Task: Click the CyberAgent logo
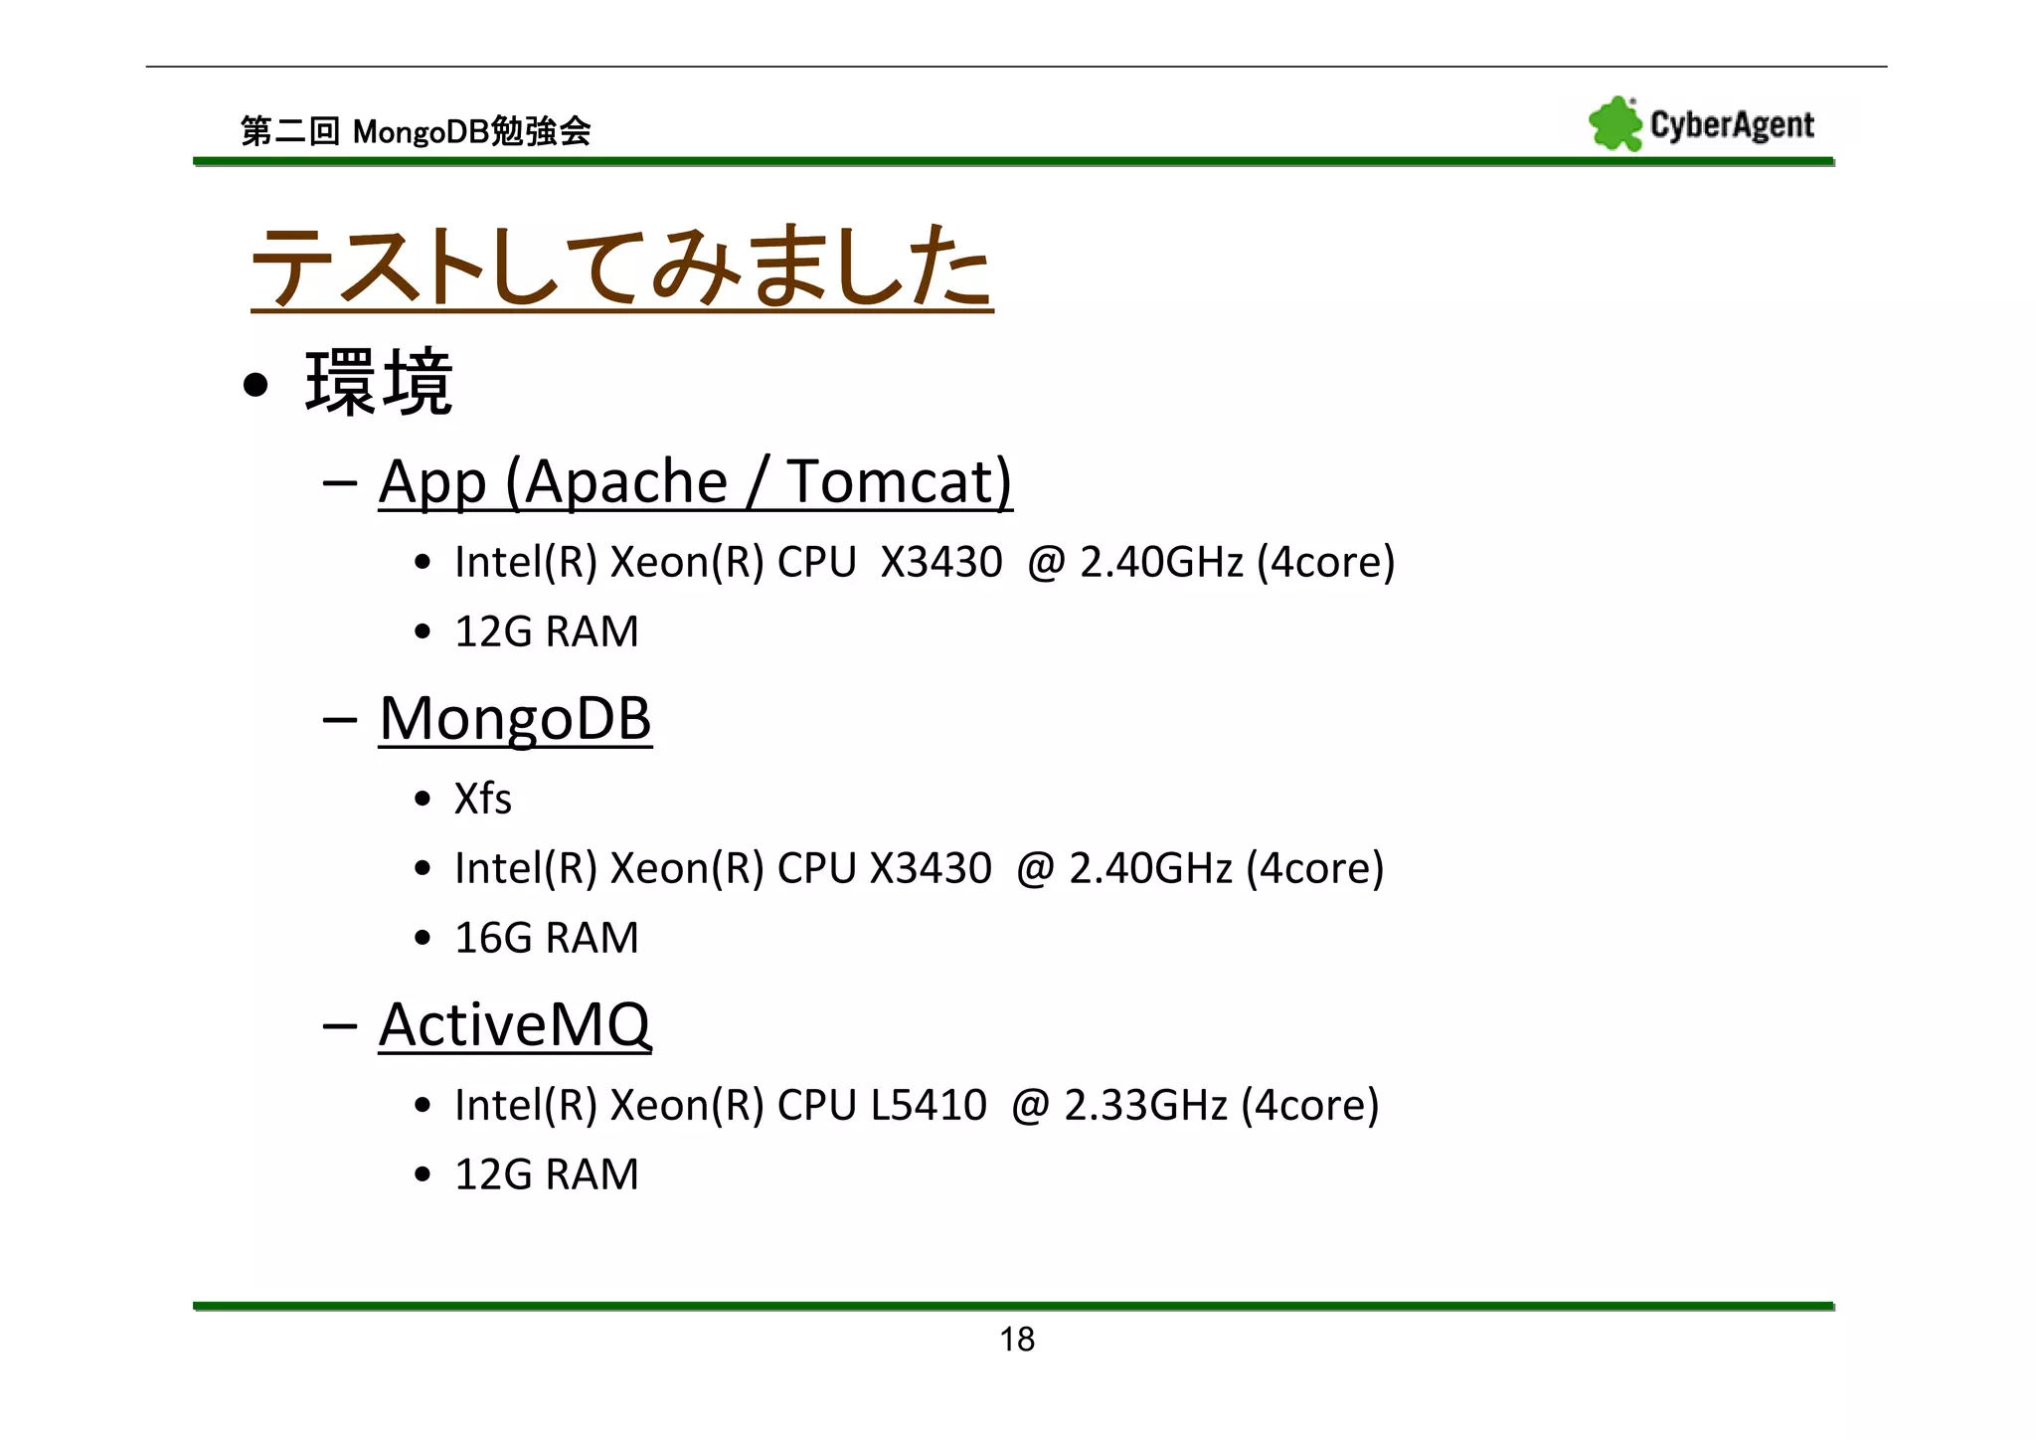pyautogui.click(x=1701, y=124)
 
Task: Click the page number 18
pyautogui.click(x=1017, y=1340)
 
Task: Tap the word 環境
pyautogui.click(x=379, y=382)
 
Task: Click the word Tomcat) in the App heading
pyautogui.click(x=900, y=482)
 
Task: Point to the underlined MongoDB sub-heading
pyautogui.click(x=515, y=718)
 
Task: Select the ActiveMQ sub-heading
pyautogui.click(x=515, y=1024)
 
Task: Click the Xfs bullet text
pyautogui.click(x=482, y=799)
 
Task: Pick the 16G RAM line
pyautogui.click(x=546, y=938)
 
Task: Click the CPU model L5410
pyautogui.click(x=929, y=1105)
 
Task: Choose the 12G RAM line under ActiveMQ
pyautogui.click(x=546, y=1174)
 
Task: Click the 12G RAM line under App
pyautogui.click(x=546, y=631)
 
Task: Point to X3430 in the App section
pyautogui.click(x=941, y=562)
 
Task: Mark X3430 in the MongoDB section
pyautogui.click(x=931, y=868)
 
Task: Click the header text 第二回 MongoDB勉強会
pyautogui.click(x=416, y=131)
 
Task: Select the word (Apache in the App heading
pyautogui.click(x=616, y=482)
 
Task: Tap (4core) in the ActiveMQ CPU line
pyautogui.click(x=1310, y=1105)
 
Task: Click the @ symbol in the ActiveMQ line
pyautogui.click(x=1030, y=1105)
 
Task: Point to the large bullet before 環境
pyautogui.click(x=255, y=385)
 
